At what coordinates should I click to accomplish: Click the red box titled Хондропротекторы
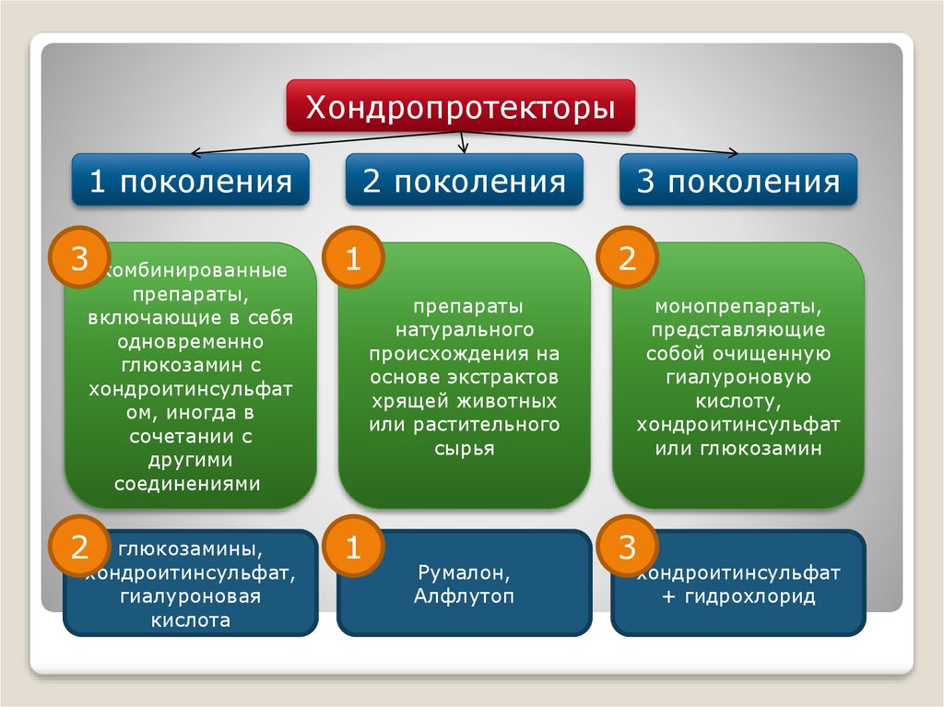point(461,107)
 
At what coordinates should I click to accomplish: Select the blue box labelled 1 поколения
point(190,181)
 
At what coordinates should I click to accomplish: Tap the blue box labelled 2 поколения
point(464,181)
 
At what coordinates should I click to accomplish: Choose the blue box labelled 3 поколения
point(737,181)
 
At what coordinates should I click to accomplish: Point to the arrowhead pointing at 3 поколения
point(733,153)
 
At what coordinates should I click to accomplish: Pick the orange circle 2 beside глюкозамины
point(80,549)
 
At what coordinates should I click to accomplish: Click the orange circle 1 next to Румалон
point(352,549)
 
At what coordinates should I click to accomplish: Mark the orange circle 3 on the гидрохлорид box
point(627,549)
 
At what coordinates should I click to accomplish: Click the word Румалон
point(464,573)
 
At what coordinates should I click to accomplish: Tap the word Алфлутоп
point(464,596)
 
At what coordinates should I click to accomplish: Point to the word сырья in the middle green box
point(464,449)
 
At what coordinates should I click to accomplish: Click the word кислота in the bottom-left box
point(190,620)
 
